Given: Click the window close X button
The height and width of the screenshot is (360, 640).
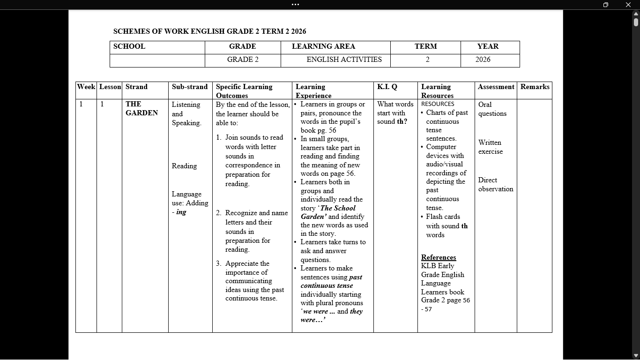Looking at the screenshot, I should pyautogui.click(x=628, y=5).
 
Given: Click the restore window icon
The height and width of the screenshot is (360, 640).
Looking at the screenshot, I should pyautogui.click(x=605, y=5).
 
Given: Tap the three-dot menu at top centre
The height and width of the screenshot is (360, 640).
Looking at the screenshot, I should pyautogui.click(x=295, y=5).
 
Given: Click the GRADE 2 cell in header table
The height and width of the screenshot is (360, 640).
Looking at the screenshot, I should pyautogui.click(x=243, y=60).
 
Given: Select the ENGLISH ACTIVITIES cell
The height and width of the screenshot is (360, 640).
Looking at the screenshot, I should pyautogui.click(x=344, y=60).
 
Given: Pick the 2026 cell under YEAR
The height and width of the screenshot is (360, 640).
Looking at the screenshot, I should pyautogui.click(x=483, y=60).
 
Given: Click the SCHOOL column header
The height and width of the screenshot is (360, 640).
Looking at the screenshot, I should pyautogui.click(x=129, y=46).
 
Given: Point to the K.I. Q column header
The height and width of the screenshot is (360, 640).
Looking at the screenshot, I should pyautogui.click(x=387, y=87).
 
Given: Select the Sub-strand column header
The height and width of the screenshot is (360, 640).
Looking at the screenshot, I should pyautogui.click(x=189, y=87).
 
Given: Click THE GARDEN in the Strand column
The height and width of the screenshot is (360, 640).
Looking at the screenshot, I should pyautogui.click(x=141, y=108).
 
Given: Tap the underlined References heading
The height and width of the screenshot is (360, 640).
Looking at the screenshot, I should pyautogui.click(x=438, y=257).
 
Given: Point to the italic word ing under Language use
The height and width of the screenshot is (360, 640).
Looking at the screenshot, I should pyautogui.click(x=181, y=212).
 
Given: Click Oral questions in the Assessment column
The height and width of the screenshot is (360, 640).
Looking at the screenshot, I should pyautogui.click(x=492, y=109).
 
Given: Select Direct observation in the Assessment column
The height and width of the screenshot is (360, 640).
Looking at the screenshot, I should pyautogui.click(x=495, y=184).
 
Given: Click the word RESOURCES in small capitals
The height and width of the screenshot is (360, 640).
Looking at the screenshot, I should pyautogui.click(x=438, y=104).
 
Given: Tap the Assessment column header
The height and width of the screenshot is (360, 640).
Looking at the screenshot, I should pyautogui.click(x=496, y=87).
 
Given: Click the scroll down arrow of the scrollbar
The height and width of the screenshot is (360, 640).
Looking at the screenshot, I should pyautogui.click(x=636, y=356).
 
